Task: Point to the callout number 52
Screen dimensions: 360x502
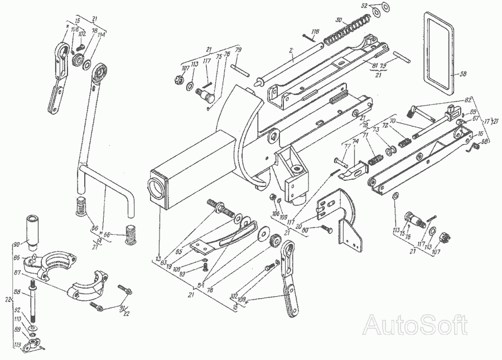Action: coord(364,5)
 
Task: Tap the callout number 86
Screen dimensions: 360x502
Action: coord(17,258)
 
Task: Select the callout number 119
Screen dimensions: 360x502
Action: coord(18,345)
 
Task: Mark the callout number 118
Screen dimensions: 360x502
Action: coord(315,32)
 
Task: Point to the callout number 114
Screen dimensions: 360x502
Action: coord(100,35)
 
